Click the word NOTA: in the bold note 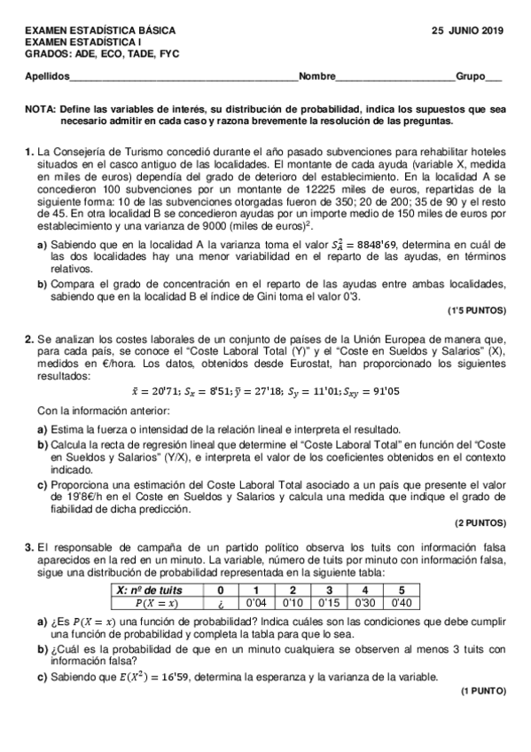tap(41, 108)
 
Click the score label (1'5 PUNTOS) tap(477, 311)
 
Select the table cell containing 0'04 tap(256, 603)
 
